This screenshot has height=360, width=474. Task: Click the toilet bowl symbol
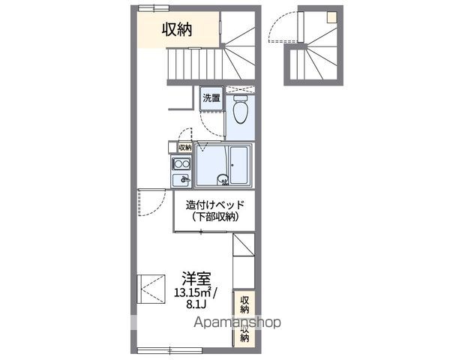coord(240,112)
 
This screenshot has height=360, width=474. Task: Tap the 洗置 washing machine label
coord(211,97)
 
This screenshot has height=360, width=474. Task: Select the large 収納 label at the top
coord(178,29)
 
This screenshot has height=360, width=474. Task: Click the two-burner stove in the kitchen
coord(180,165)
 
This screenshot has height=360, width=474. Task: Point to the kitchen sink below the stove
coord(180,179)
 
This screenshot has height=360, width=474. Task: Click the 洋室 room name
coord(193,277)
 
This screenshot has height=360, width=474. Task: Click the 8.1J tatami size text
coord(193,305)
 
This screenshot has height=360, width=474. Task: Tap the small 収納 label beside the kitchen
coord(184,148)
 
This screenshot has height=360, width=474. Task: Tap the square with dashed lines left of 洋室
coord(154,289)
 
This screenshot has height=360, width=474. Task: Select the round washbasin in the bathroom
coord(223,178)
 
